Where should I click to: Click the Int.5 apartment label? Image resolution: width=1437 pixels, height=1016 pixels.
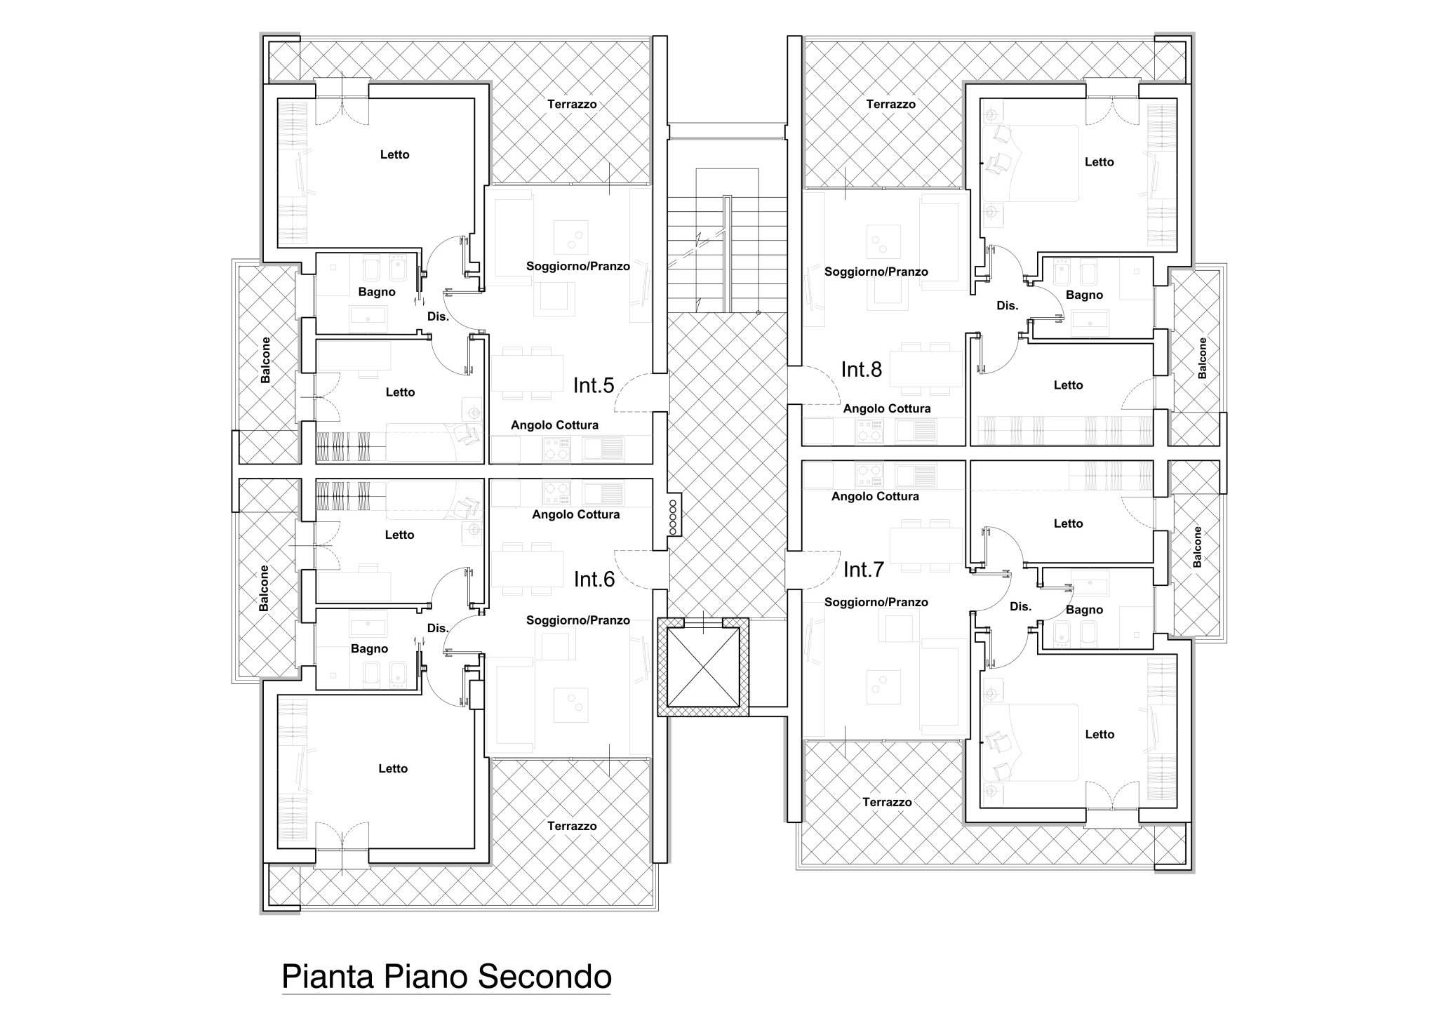[x=594, y=385]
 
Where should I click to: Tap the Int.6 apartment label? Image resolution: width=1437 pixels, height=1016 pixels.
[x=594, y=579]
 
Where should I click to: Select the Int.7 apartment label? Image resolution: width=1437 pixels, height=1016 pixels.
[x=864, y=570]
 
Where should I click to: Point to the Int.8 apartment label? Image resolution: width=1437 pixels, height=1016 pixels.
[x=862, y=369]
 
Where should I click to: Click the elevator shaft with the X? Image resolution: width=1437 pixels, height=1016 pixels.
[x=703, y=667]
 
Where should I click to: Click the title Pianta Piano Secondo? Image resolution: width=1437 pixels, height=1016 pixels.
[x=446, y=977]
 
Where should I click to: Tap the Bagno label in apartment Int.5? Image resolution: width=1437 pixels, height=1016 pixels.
[x=377, y=292]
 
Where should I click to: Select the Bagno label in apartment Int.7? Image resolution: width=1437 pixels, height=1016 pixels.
[x=1084, y=610]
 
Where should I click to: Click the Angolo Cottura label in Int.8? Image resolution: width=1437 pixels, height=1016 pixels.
[x=887, y=408]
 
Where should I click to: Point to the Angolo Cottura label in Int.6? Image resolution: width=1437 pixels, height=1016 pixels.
[x=576, y=514]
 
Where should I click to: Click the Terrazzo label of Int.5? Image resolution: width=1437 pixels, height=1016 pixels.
[x=572, y=105]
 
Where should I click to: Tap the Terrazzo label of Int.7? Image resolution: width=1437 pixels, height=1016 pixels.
[x=887, y=802]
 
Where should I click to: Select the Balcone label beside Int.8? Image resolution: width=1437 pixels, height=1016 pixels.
[x=1203, y=359]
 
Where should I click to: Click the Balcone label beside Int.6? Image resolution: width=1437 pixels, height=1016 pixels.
[x=264, y=588]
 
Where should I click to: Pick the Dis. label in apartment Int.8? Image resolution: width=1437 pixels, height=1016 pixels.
[x=1007, y=306]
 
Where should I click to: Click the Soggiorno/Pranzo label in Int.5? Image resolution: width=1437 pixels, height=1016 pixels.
[x=578, y=267]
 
